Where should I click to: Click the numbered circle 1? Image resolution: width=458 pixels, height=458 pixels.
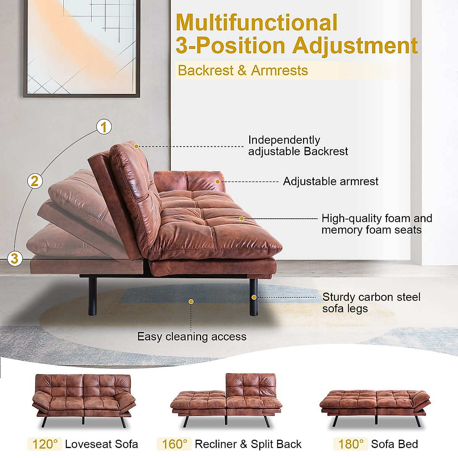coord(104,127)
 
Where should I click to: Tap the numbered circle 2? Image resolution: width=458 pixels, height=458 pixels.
coord(35,181)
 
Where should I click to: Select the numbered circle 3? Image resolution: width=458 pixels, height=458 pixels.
coord(15,258)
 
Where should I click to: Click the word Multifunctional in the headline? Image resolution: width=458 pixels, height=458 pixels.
coord(256,23)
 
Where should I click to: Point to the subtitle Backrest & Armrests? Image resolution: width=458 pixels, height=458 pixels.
coord(243,71)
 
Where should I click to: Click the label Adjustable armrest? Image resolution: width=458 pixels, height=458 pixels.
coord(331,181)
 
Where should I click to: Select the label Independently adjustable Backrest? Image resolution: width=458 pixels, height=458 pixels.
coord(298,145)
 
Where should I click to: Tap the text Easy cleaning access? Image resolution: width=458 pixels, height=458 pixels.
coord(192,337)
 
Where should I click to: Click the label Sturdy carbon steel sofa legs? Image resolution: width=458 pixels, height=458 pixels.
coord(371,303)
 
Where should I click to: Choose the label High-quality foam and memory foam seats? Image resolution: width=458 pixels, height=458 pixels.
coord(376,224)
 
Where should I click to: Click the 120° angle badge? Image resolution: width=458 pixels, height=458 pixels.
coord(45,444)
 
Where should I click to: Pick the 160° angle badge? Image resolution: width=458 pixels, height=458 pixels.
coord(174,444)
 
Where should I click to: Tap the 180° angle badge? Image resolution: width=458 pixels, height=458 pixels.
coord(351,444)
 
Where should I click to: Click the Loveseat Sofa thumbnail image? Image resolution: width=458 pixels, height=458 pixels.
coord(84,399)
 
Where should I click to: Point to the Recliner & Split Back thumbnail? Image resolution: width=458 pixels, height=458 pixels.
coord(227,399)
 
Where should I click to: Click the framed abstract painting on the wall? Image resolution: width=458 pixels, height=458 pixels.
coord(81,48)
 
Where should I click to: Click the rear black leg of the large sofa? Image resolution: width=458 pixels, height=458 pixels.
coord(92,296)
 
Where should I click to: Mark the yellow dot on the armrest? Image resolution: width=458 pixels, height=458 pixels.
coord(218,181)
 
